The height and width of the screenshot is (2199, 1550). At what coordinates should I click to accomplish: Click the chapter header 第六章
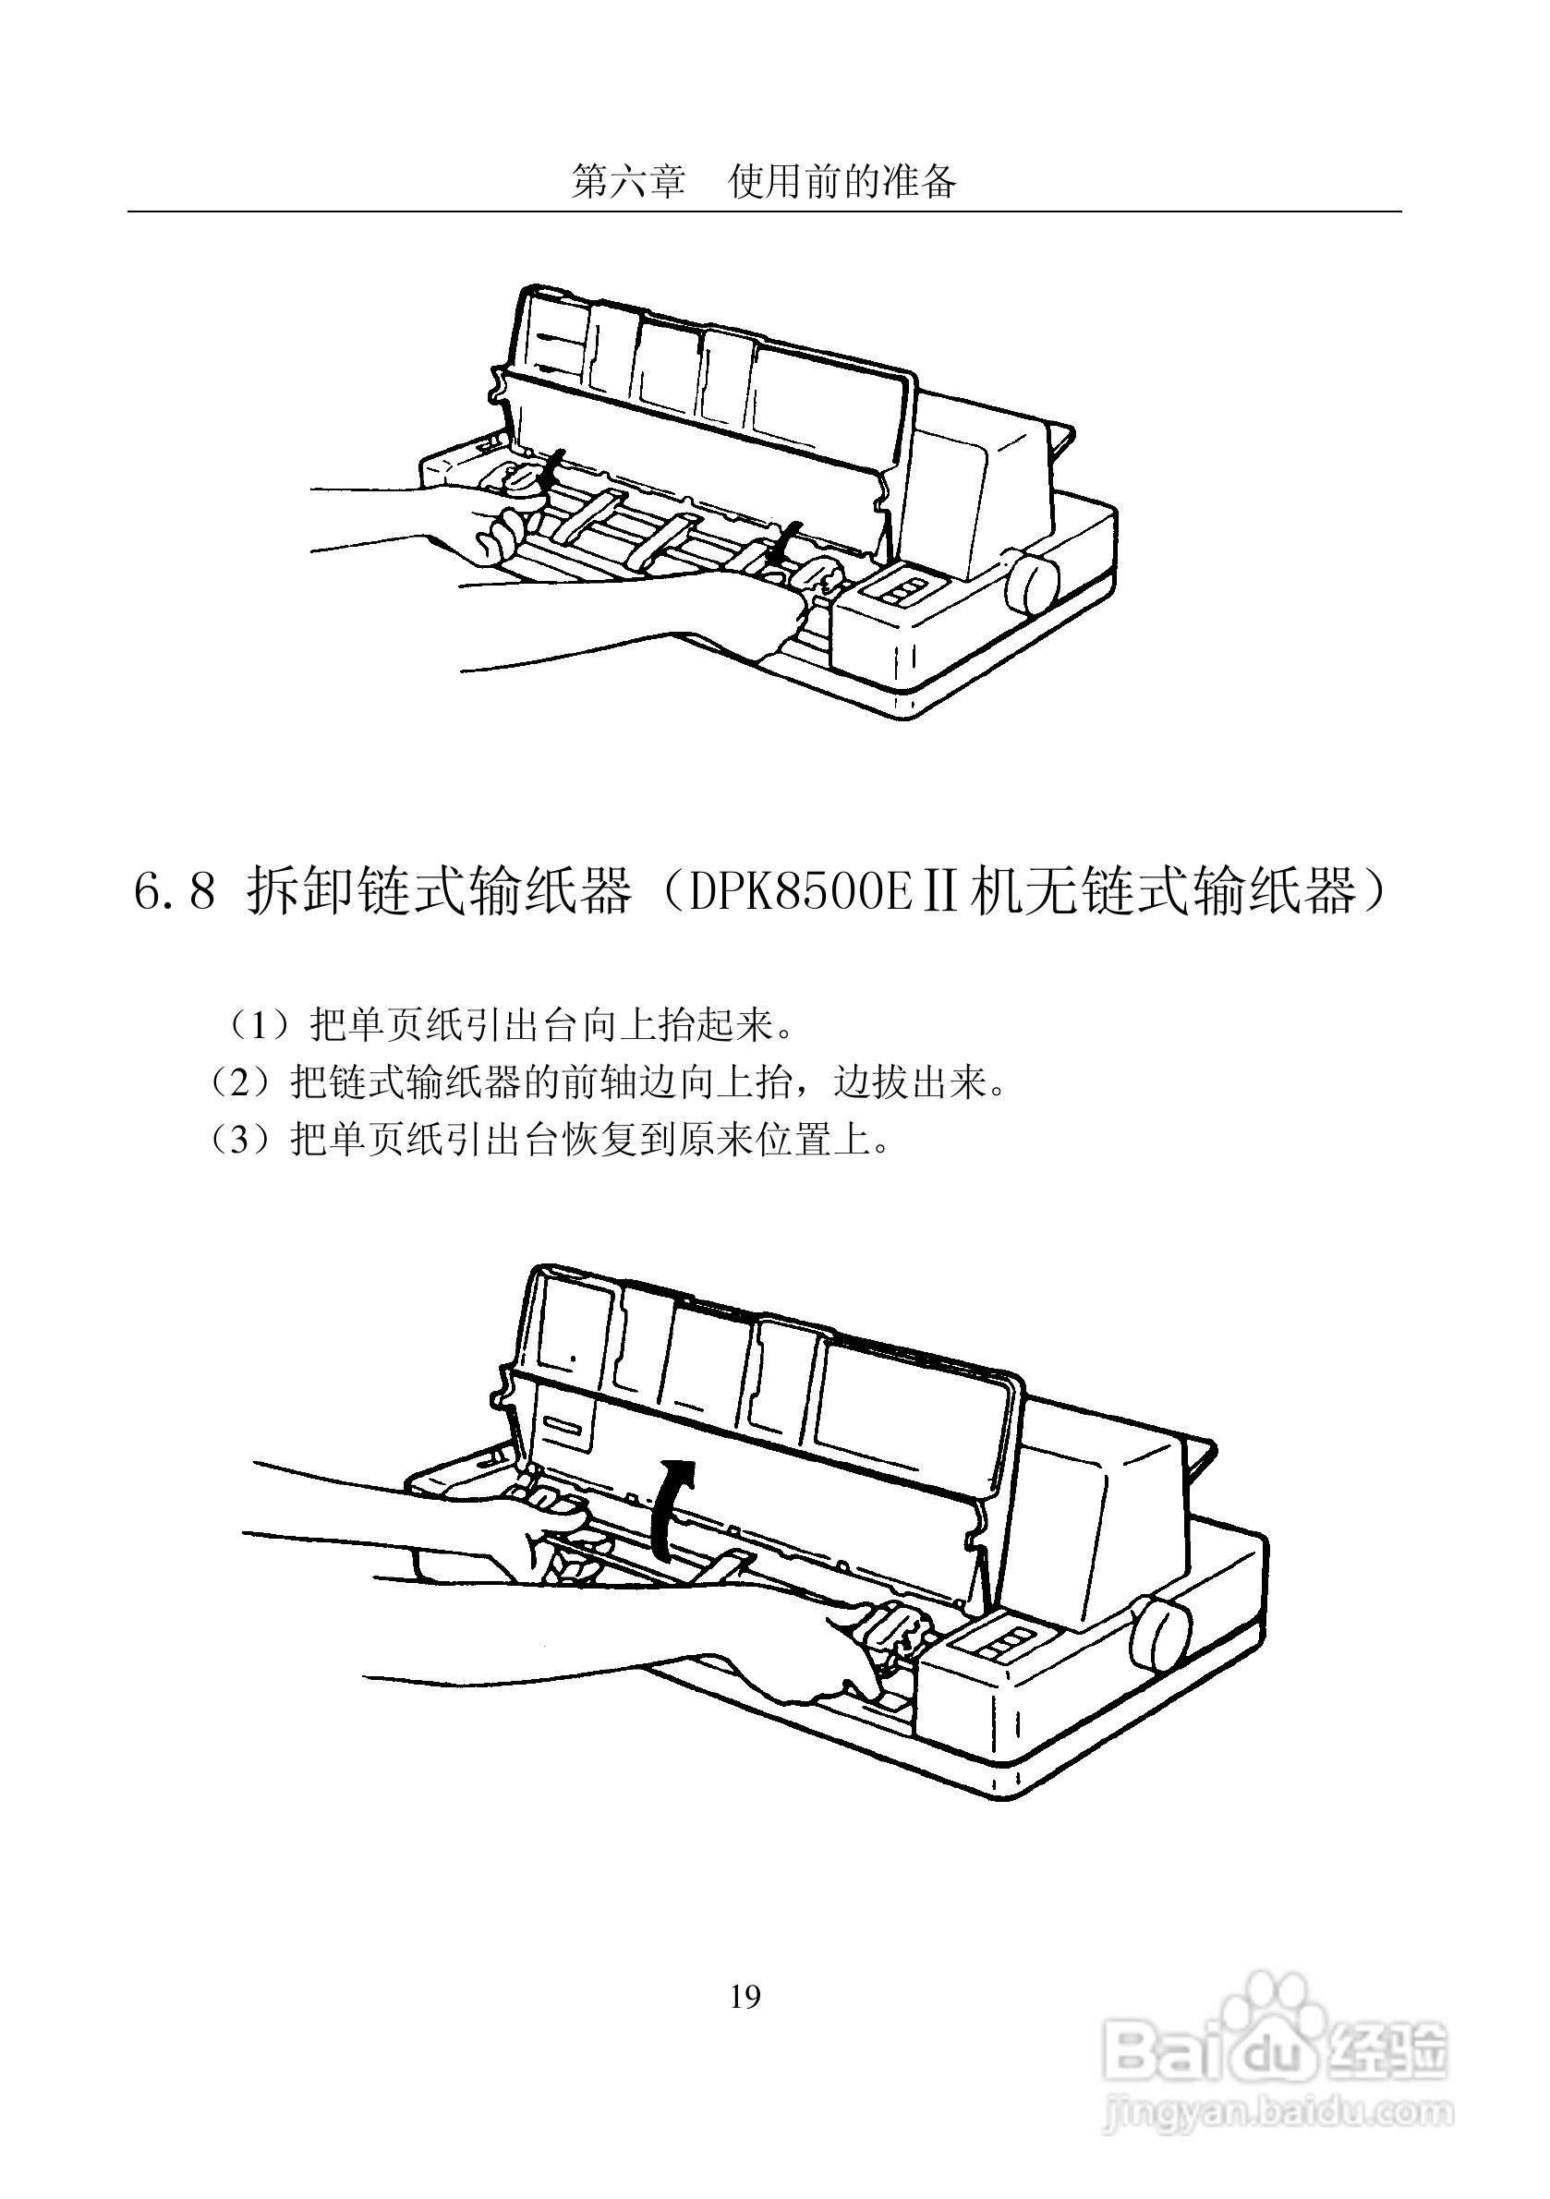pos(628,181)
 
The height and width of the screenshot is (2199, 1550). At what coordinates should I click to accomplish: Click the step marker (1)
pos(258,1027)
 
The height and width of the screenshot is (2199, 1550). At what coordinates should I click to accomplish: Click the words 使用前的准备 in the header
pos(843,181)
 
